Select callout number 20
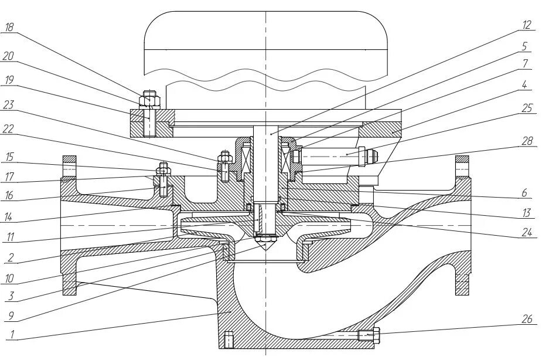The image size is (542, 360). (x=9, y=56)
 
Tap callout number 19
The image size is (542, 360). (x=9, y=79)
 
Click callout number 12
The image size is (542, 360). (x=526, y=25)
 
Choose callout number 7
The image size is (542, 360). (x=526, y=63)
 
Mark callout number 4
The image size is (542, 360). (x=525, y=85)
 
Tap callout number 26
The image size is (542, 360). (x=526, y=320)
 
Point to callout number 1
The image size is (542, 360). (x=9, y=335)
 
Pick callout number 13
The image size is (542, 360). (x=527, y=212)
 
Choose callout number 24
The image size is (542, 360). (x=527, y=233)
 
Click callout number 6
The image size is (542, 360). (x=525, y=192)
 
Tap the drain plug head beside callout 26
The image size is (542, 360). (x=376, y=335)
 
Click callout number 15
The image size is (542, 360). (x=9, y=157)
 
